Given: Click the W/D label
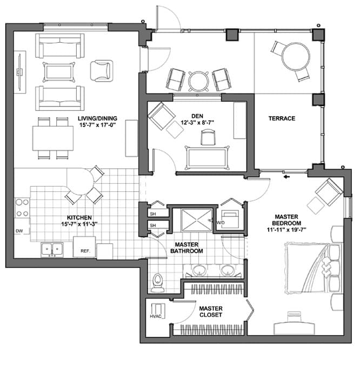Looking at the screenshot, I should pos(221,222).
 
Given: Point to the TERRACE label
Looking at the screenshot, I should pos(282,118).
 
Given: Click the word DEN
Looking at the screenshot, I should pos(197,115).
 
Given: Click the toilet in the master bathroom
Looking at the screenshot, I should pos(158,281).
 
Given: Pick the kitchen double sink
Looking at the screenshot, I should pos(52,249).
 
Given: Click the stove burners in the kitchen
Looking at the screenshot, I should pos(22,208).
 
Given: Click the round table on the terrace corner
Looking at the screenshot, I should pos(296,55).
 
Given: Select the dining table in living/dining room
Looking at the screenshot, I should pos(52,138).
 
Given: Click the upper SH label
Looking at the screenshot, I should pos(152,213).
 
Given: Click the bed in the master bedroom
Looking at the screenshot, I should pos(311,268).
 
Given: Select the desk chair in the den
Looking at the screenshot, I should pos(208,138).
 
